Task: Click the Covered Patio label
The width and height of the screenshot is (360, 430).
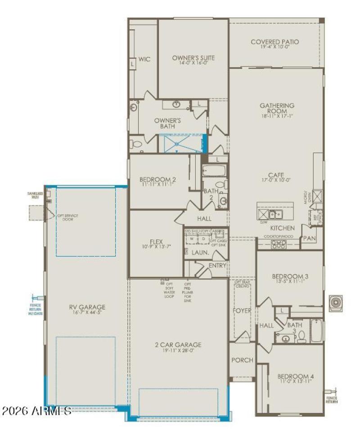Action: coord(274,42)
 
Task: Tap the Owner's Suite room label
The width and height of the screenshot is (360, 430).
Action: coord(193,58)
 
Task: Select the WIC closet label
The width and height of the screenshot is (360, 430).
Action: coord(144,59)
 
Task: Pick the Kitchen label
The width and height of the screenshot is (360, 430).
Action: coord(283,228)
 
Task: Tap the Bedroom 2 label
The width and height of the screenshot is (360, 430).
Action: coord(157,180)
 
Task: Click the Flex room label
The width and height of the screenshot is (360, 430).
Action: coord(156,241)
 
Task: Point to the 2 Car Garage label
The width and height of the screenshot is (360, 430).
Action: coord(179,345)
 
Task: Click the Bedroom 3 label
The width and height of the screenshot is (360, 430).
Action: coord(290,276)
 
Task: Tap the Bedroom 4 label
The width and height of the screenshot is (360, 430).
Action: coord(295,376)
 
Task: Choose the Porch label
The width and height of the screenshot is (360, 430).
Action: coord(243,360)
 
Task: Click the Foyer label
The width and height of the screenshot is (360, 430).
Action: coord(242,311)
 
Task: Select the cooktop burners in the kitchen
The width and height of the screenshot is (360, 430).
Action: coord(279,244)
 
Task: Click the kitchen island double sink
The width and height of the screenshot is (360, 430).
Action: coord(275,214)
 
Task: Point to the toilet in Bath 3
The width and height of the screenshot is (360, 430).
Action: coord(301,336)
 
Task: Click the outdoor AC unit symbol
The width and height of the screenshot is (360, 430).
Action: coord(336,302)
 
